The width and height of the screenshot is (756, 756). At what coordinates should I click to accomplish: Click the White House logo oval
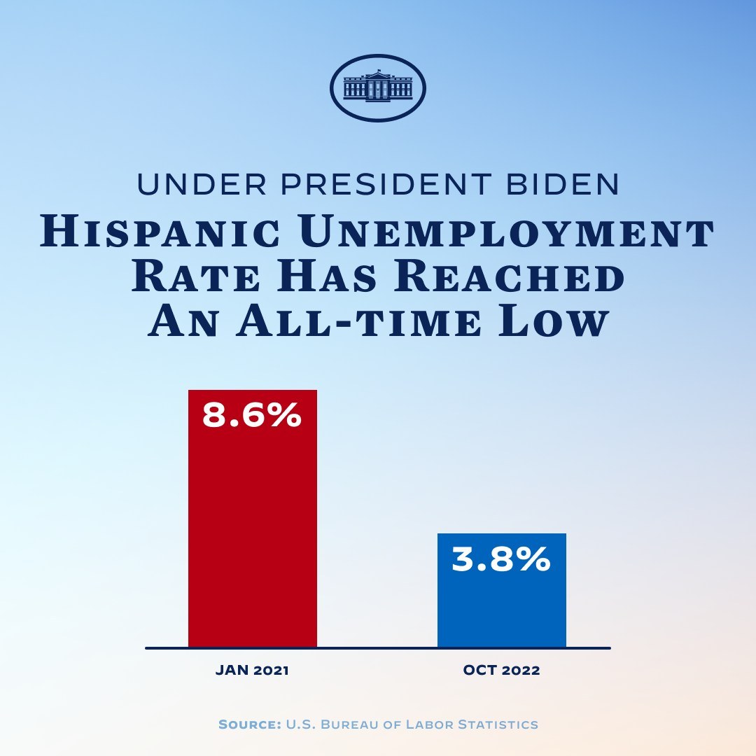click(378, 88)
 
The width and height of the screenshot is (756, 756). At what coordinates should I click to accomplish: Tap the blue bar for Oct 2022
click(501, 589)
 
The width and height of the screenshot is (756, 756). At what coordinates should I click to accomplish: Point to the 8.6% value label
click(252, 415)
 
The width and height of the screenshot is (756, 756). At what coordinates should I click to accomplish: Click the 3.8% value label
click(501, 559)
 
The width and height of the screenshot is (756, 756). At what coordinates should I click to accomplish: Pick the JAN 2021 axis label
click(252, 670)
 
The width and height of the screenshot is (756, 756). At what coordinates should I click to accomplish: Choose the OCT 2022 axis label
click(501, 670)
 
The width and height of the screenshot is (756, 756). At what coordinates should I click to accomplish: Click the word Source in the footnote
click(248, 724)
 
